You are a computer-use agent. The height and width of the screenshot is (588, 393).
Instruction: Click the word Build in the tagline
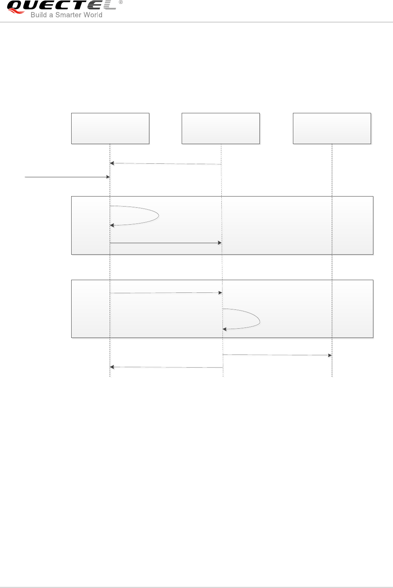pos(38,15)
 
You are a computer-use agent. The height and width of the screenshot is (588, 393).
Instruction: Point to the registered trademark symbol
pos(121,2)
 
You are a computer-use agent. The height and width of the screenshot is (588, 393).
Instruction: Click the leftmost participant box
pos(110,128)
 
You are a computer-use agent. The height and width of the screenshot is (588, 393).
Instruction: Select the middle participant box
pos(221,128)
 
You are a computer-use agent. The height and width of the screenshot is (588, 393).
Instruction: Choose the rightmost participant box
pos(332,128)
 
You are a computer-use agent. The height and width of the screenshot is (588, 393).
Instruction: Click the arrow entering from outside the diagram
pos(67,177)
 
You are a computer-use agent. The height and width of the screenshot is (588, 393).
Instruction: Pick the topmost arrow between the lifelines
pos(166,164)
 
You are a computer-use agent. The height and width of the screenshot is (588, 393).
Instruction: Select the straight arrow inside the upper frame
pos(166,243)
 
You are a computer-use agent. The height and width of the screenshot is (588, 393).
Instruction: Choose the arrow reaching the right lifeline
pos(277,355)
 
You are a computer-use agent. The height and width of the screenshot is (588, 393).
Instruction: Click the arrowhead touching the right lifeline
pos(330,355)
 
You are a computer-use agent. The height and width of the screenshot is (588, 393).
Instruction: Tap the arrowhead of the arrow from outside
pos(108,177)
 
